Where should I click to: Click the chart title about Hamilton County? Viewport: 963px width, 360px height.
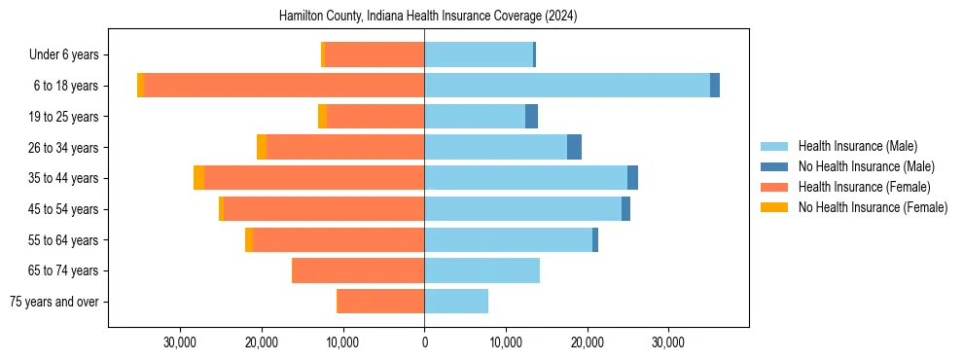[x=428, y=17]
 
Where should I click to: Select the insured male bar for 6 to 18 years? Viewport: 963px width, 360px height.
[x=566, y=86]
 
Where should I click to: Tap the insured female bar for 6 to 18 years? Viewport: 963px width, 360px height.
[x=283, y=86]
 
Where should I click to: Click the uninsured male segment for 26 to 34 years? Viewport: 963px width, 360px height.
[x=574, y=147]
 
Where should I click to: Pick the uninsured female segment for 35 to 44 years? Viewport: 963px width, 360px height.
[x=198, y=178]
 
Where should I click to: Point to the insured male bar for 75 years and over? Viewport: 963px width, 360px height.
[x=456, y=302]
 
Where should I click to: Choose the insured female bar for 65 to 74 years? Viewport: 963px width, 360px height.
[x=358, y=270]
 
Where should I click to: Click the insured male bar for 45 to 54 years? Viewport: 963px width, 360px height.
[x=522, y=209]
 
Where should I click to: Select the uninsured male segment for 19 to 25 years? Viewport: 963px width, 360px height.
[x=531, y=117]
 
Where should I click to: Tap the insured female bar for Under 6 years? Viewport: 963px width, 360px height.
[x=374, y=54]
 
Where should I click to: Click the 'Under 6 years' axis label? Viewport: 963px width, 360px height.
[x=63, y=55]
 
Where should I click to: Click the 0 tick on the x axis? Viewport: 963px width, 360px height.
[x=424, y=342]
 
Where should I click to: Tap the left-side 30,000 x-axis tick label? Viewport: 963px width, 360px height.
[x=180, y=342]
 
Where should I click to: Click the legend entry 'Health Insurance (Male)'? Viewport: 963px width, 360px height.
[x=857, y=146]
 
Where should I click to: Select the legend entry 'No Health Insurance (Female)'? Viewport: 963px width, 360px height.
[x=873, y=207]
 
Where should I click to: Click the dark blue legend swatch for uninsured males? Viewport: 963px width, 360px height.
[x=774, y=166]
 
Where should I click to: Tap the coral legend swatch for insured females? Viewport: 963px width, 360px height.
[x=774, y=187]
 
